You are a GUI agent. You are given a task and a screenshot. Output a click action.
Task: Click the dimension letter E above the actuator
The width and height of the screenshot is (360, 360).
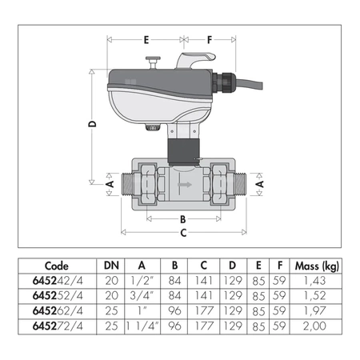pos(146,38)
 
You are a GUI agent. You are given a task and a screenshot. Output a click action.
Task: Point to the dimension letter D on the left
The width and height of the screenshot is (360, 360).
pos(93,125)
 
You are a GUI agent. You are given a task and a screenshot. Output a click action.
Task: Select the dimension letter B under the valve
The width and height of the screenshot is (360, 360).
pos(182,218)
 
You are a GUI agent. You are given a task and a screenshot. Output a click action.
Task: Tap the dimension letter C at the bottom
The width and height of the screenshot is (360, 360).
pos(183,233)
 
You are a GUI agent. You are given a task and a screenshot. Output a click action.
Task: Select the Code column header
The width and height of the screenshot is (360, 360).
pos(57,266)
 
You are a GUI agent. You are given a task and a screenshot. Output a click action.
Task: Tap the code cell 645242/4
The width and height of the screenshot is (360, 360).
pos(57,281)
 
